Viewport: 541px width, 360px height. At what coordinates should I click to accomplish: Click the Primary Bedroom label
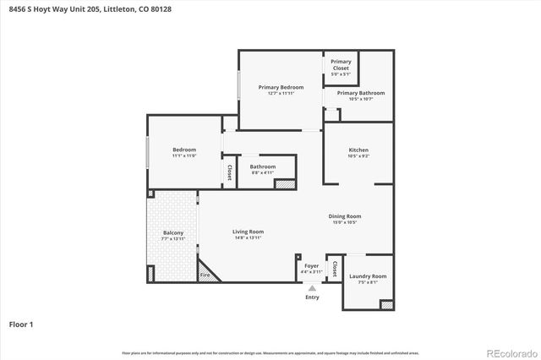coord(281,87)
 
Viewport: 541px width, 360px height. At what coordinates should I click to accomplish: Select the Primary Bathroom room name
coord(361,93)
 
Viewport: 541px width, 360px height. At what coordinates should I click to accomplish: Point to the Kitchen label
coord(358,150)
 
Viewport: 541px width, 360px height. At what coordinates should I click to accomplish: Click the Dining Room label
coord(345,216)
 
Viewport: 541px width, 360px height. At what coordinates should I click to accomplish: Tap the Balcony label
coord(172,232)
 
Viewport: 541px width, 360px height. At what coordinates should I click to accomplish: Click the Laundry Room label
coord(367,276)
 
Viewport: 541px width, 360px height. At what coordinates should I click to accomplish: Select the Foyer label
coord(311,266)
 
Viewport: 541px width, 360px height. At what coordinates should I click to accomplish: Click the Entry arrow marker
coord(312,288)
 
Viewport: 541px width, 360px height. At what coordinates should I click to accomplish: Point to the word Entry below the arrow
coord(312,297)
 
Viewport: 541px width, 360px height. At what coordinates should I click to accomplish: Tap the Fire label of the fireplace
coord(204,275)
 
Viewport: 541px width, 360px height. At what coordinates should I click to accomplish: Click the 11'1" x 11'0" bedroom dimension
coord(184,155)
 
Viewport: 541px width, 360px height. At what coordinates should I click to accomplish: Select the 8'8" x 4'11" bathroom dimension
coord(263,172)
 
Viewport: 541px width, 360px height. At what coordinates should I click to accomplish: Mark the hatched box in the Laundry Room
coord(385,304)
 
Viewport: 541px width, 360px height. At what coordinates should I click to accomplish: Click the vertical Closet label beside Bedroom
coord(229,172)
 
